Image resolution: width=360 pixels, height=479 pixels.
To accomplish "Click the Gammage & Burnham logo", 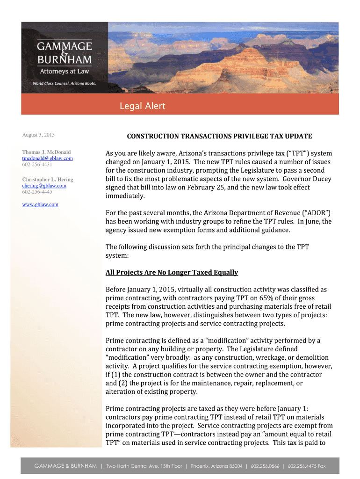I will (65, 54).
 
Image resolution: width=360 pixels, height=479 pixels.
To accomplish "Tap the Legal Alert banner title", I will (142, 106).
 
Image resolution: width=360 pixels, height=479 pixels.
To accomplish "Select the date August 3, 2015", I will (38, 135).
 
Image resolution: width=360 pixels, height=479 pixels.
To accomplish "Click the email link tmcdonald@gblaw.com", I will (47, 159).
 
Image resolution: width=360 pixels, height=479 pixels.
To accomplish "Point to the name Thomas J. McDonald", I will (46, 152).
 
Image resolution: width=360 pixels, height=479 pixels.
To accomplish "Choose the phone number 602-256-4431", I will (37, 165).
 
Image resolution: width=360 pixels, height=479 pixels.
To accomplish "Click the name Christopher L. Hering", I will (48, 180).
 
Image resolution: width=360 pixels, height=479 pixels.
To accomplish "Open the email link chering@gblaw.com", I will (44, 186).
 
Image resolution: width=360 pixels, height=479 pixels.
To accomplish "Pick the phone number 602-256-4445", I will (37, 192).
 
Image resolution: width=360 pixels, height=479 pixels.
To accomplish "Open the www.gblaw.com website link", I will (40, 204).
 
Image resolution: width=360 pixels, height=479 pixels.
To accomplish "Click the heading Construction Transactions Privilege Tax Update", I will (219, 136).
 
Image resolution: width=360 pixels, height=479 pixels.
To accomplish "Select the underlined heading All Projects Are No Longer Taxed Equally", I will (172, 272).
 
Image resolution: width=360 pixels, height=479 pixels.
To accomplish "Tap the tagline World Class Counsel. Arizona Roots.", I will (64, 83).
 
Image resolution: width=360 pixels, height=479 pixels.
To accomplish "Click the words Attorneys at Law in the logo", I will (64, 71).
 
